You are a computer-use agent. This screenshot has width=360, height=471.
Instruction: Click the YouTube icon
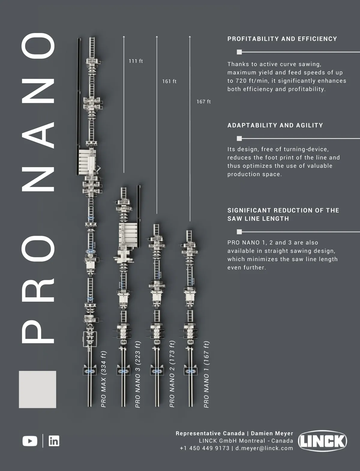[x=30, y=441]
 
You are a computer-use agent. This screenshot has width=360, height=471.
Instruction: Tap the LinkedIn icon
[x=54, y=441]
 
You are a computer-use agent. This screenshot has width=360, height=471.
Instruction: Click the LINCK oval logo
[x=322, y=441]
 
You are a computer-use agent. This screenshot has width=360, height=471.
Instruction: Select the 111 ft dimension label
[x=136, y=61]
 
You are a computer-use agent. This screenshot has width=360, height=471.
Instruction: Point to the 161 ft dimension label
[x=169, y=82]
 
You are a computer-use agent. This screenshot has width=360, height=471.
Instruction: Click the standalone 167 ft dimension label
[x=203, y=102]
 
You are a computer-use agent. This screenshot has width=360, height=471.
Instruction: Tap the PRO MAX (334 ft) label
[x=103, y=379]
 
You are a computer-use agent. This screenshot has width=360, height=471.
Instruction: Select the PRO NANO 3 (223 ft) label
[x=138, y=374]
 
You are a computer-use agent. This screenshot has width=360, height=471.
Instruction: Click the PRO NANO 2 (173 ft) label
[x=172, y=374]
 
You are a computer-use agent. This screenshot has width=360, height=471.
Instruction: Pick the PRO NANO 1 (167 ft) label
[x=206, y=374]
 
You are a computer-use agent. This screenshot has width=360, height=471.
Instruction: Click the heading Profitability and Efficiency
[x=282, y=39]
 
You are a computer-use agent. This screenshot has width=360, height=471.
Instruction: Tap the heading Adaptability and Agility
[x=275, y=125]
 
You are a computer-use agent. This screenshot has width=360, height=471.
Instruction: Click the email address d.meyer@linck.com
[x=264, y=448]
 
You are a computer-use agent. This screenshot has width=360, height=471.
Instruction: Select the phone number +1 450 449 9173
[x=205, y=448]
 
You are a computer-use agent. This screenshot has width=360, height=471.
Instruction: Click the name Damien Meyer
[x=272, y=433]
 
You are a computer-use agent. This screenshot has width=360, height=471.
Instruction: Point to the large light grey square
[x=37, y=389]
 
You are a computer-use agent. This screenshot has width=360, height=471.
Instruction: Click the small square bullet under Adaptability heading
[x=239, y=138]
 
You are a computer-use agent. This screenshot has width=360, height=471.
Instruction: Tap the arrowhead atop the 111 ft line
[x=124, y=37]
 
